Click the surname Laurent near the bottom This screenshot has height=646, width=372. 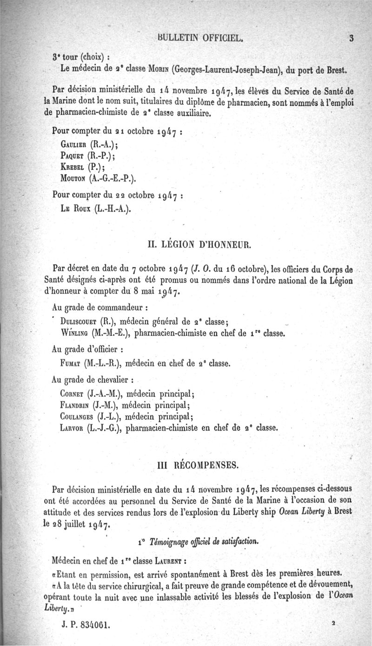click(159, 560)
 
